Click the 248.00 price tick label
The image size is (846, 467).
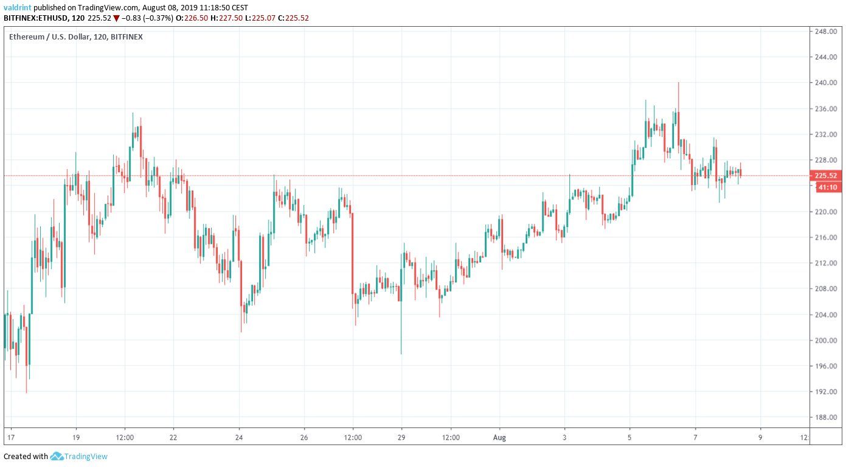coord(827,31)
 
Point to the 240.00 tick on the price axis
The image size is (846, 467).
coord(827,83)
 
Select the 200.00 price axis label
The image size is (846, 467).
coord(827,341)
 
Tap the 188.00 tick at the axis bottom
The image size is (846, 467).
coord(827,418)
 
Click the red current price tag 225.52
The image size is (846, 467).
coord(827,176)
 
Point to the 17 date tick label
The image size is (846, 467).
coord(10,437)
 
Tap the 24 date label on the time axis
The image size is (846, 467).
coord(240,437)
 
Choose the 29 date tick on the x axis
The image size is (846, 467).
coord(401,437)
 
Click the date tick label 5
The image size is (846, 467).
coord(629,437)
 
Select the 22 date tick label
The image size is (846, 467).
coord(173,437)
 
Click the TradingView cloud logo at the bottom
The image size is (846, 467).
coord(57,456)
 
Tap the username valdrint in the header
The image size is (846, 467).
coord(17,7)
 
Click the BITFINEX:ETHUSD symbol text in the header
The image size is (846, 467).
coord(35,18)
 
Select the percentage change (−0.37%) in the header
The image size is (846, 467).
coord(158,18)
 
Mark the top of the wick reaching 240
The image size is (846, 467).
coord(678,83)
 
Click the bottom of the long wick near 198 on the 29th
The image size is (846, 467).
coord(401,354)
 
